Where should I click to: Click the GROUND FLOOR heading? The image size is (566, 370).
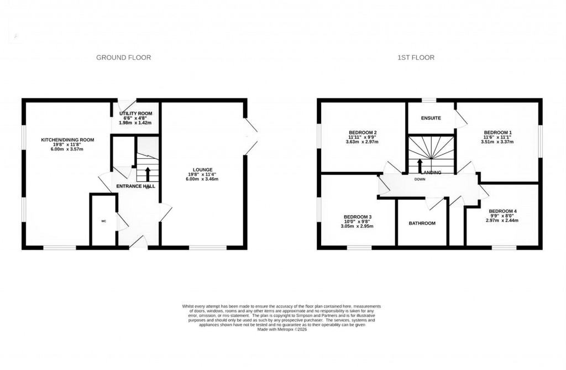[x=123, y=58]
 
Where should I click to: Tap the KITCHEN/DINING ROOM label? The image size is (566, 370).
[x=67, y=140]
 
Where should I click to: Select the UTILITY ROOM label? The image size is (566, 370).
[x=135, y=113]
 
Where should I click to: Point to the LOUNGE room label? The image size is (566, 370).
[x=203, y=170]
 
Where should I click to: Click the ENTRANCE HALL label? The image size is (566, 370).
[x=135, y=186]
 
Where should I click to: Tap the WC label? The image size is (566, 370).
[x=103, y=221]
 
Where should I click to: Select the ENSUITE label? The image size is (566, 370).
[x=430, y=118]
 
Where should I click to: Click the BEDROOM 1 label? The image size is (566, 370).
[x=498, y=132]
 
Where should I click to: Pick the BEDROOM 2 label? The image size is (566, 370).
[x=363, y=132]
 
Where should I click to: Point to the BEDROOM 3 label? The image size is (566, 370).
[x=357, y=216]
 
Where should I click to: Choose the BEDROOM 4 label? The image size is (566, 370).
[x=502, y=211]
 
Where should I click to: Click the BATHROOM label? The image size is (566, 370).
[x=422, y=223]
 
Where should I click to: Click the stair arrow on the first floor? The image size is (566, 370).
[x=420, y=165]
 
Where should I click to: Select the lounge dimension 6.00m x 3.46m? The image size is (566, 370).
[x=203, y=179]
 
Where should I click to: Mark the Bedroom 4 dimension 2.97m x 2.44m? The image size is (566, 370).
[x=502, y=220]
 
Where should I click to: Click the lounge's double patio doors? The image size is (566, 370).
[x=251, y=136]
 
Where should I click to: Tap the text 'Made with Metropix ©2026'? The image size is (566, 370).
[x=282, y=330]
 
